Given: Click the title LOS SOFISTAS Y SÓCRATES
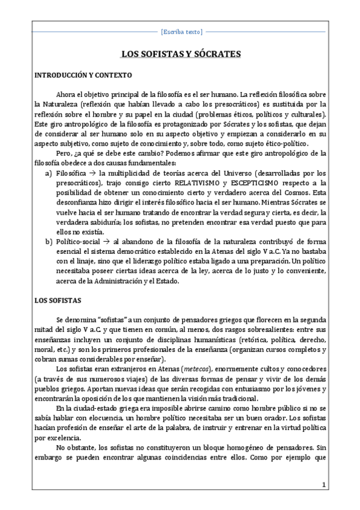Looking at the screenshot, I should (181, 54).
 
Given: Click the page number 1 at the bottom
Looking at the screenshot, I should (323, 485).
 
